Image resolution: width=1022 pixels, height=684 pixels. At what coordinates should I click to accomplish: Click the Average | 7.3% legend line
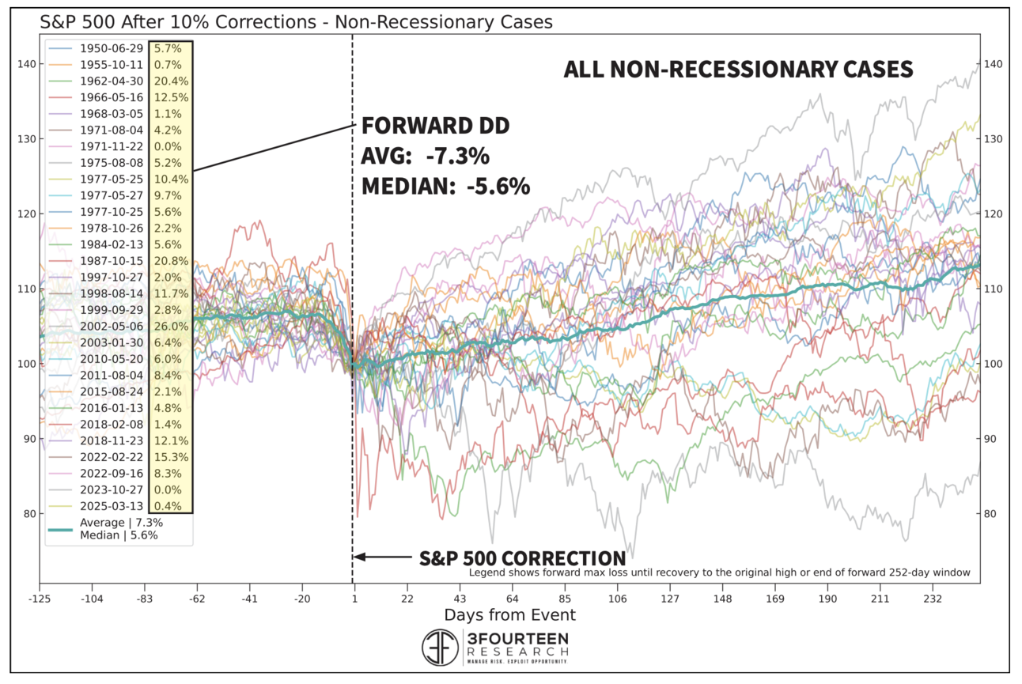click(x=119, y=522)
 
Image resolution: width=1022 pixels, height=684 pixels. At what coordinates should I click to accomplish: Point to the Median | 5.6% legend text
click(x=119, y=535)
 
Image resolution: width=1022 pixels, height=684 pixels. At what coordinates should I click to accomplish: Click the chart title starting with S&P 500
click(x=297, y=22)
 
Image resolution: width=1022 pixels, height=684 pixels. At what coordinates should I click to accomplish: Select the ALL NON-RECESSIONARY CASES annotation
click(x=738, y=70)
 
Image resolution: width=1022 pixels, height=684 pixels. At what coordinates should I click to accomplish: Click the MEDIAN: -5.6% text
click(x=445, y=187)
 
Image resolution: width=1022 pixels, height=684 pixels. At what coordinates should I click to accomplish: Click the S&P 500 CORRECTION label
click(x=522, y=557)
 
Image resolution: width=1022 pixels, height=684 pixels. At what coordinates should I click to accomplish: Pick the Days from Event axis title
click(x=509, y=614)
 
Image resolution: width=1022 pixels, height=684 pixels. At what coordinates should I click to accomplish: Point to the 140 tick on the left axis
click(x=25, y=64)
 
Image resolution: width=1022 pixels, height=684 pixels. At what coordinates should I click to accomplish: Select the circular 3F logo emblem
click(x=439, y=648)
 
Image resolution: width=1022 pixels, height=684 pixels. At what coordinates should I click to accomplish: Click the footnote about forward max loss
click(x=719, y=573)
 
